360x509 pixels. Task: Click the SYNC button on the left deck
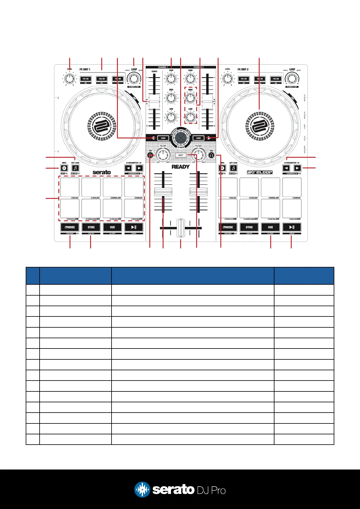[91, 227]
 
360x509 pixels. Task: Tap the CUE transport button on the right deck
[270, 227]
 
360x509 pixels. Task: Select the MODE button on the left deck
[70, 227]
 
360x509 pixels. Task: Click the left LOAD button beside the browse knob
[163, 138]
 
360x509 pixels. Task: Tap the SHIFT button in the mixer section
[181, 155]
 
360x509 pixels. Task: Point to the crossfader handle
[181, 228]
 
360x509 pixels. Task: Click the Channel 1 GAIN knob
[171, 79]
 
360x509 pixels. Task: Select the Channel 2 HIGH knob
[190, 97]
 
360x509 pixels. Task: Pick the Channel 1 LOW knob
[171, 117]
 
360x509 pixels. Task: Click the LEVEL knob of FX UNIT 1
[70, 79]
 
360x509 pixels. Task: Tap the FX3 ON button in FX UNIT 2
[276, 79]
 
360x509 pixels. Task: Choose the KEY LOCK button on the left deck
[75, 168]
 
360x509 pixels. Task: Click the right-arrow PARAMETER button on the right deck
[297, 168]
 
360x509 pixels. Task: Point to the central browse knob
[181, 138]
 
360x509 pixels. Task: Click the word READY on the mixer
[181, 167]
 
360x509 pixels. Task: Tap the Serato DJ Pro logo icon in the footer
[142, 489]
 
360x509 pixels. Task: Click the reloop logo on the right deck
[260, 172]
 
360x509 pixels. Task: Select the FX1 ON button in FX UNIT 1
[86, 79]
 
